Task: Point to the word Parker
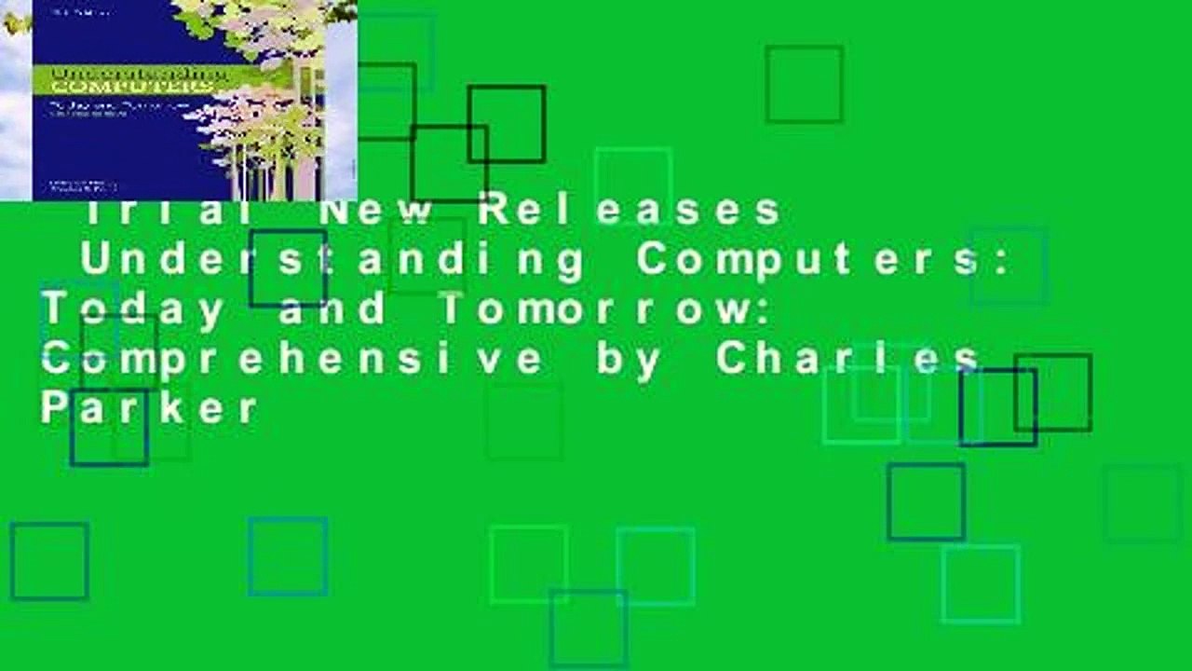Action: point(149,408)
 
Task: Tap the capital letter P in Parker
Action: point(50,408)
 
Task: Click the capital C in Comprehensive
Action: point(54,359)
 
